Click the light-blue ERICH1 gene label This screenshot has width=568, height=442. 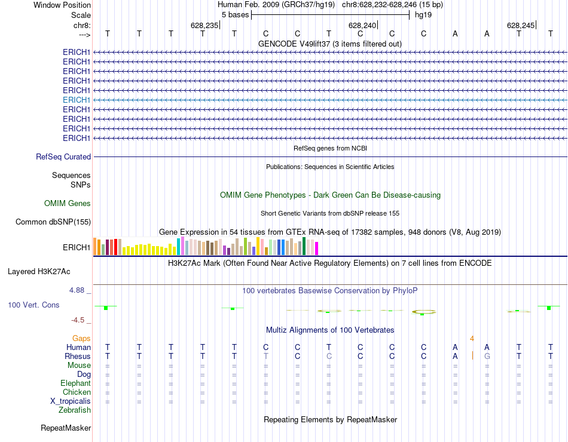[x=77, y=100]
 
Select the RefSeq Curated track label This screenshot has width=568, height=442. [x=63, y=156]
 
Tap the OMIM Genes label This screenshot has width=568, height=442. [x=68, y=204]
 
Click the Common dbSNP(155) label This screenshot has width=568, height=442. [x=53, y=222]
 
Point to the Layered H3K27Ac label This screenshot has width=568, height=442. [x=39, y=271]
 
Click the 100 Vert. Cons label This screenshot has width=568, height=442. [x=33, y=305]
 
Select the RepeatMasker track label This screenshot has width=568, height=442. [x=66, y=428]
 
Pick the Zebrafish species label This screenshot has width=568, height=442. [x=75, y=410]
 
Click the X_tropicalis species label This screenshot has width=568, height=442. [x=71, y=401]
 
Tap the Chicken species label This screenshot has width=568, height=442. [x=77, y=392]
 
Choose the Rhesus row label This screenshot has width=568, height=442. [x=78, y=356]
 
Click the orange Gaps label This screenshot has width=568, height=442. [x=81, y=338]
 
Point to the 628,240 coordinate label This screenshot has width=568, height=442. [x=362, y=26]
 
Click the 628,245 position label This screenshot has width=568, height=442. [x=520, y=26]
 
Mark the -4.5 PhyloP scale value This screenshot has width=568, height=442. [x=81, y=320]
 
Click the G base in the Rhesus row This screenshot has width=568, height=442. [x=487, y=356]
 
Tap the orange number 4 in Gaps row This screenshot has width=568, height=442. [x=472, y=338]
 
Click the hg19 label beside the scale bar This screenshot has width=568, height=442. [x=423, y=14]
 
